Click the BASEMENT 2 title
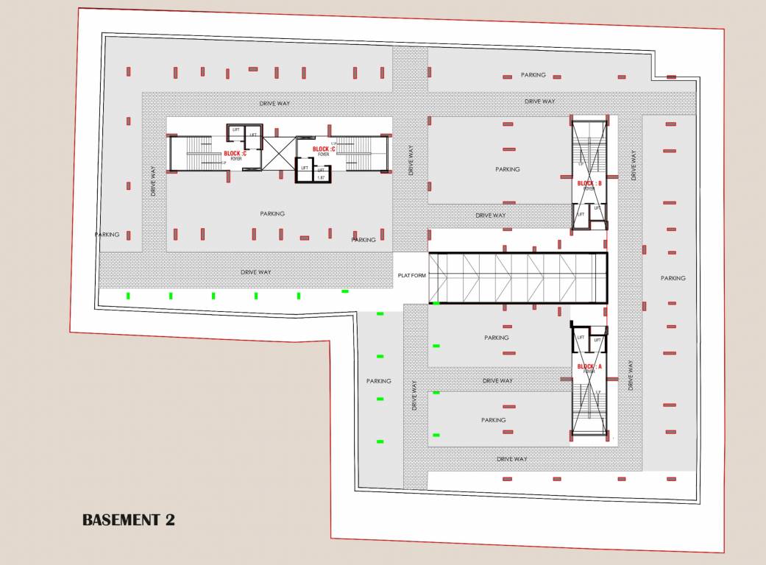129,520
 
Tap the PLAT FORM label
412,276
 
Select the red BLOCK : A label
589,366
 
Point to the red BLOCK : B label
589,183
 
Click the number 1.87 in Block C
320,177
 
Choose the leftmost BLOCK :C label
235,153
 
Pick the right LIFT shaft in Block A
597,340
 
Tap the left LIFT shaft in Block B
581,214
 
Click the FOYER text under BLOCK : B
589,189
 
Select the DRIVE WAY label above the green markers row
256,272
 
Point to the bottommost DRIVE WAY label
512,459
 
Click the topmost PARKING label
533,75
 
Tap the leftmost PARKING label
107,235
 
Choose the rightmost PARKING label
673,278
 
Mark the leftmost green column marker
129,296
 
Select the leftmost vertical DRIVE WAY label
153,180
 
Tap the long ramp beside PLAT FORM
518,278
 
